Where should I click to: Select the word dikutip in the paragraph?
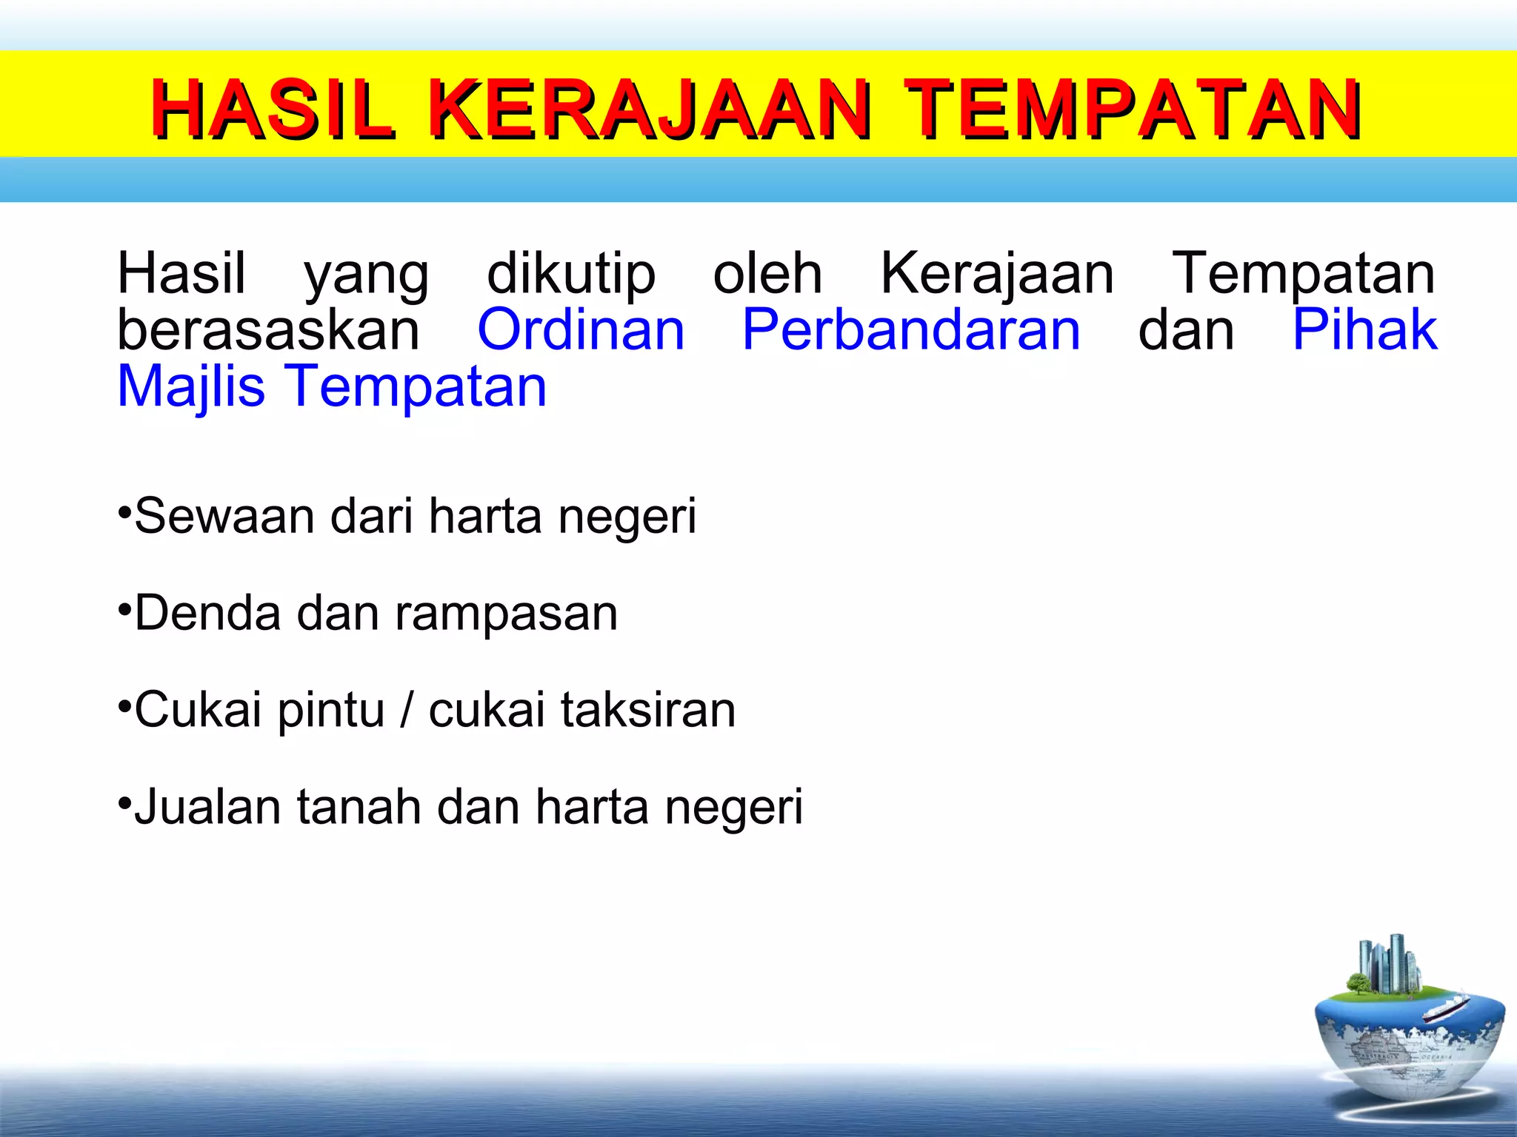571,274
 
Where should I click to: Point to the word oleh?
767,274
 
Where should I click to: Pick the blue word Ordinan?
581,330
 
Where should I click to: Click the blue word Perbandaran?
911,330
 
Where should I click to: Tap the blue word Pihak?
1364,330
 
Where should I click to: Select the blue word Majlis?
191,387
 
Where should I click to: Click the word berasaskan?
268,330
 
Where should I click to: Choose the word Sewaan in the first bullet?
224,516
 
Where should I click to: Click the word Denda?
208,613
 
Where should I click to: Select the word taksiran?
648,710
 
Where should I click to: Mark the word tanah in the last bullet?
359,807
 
